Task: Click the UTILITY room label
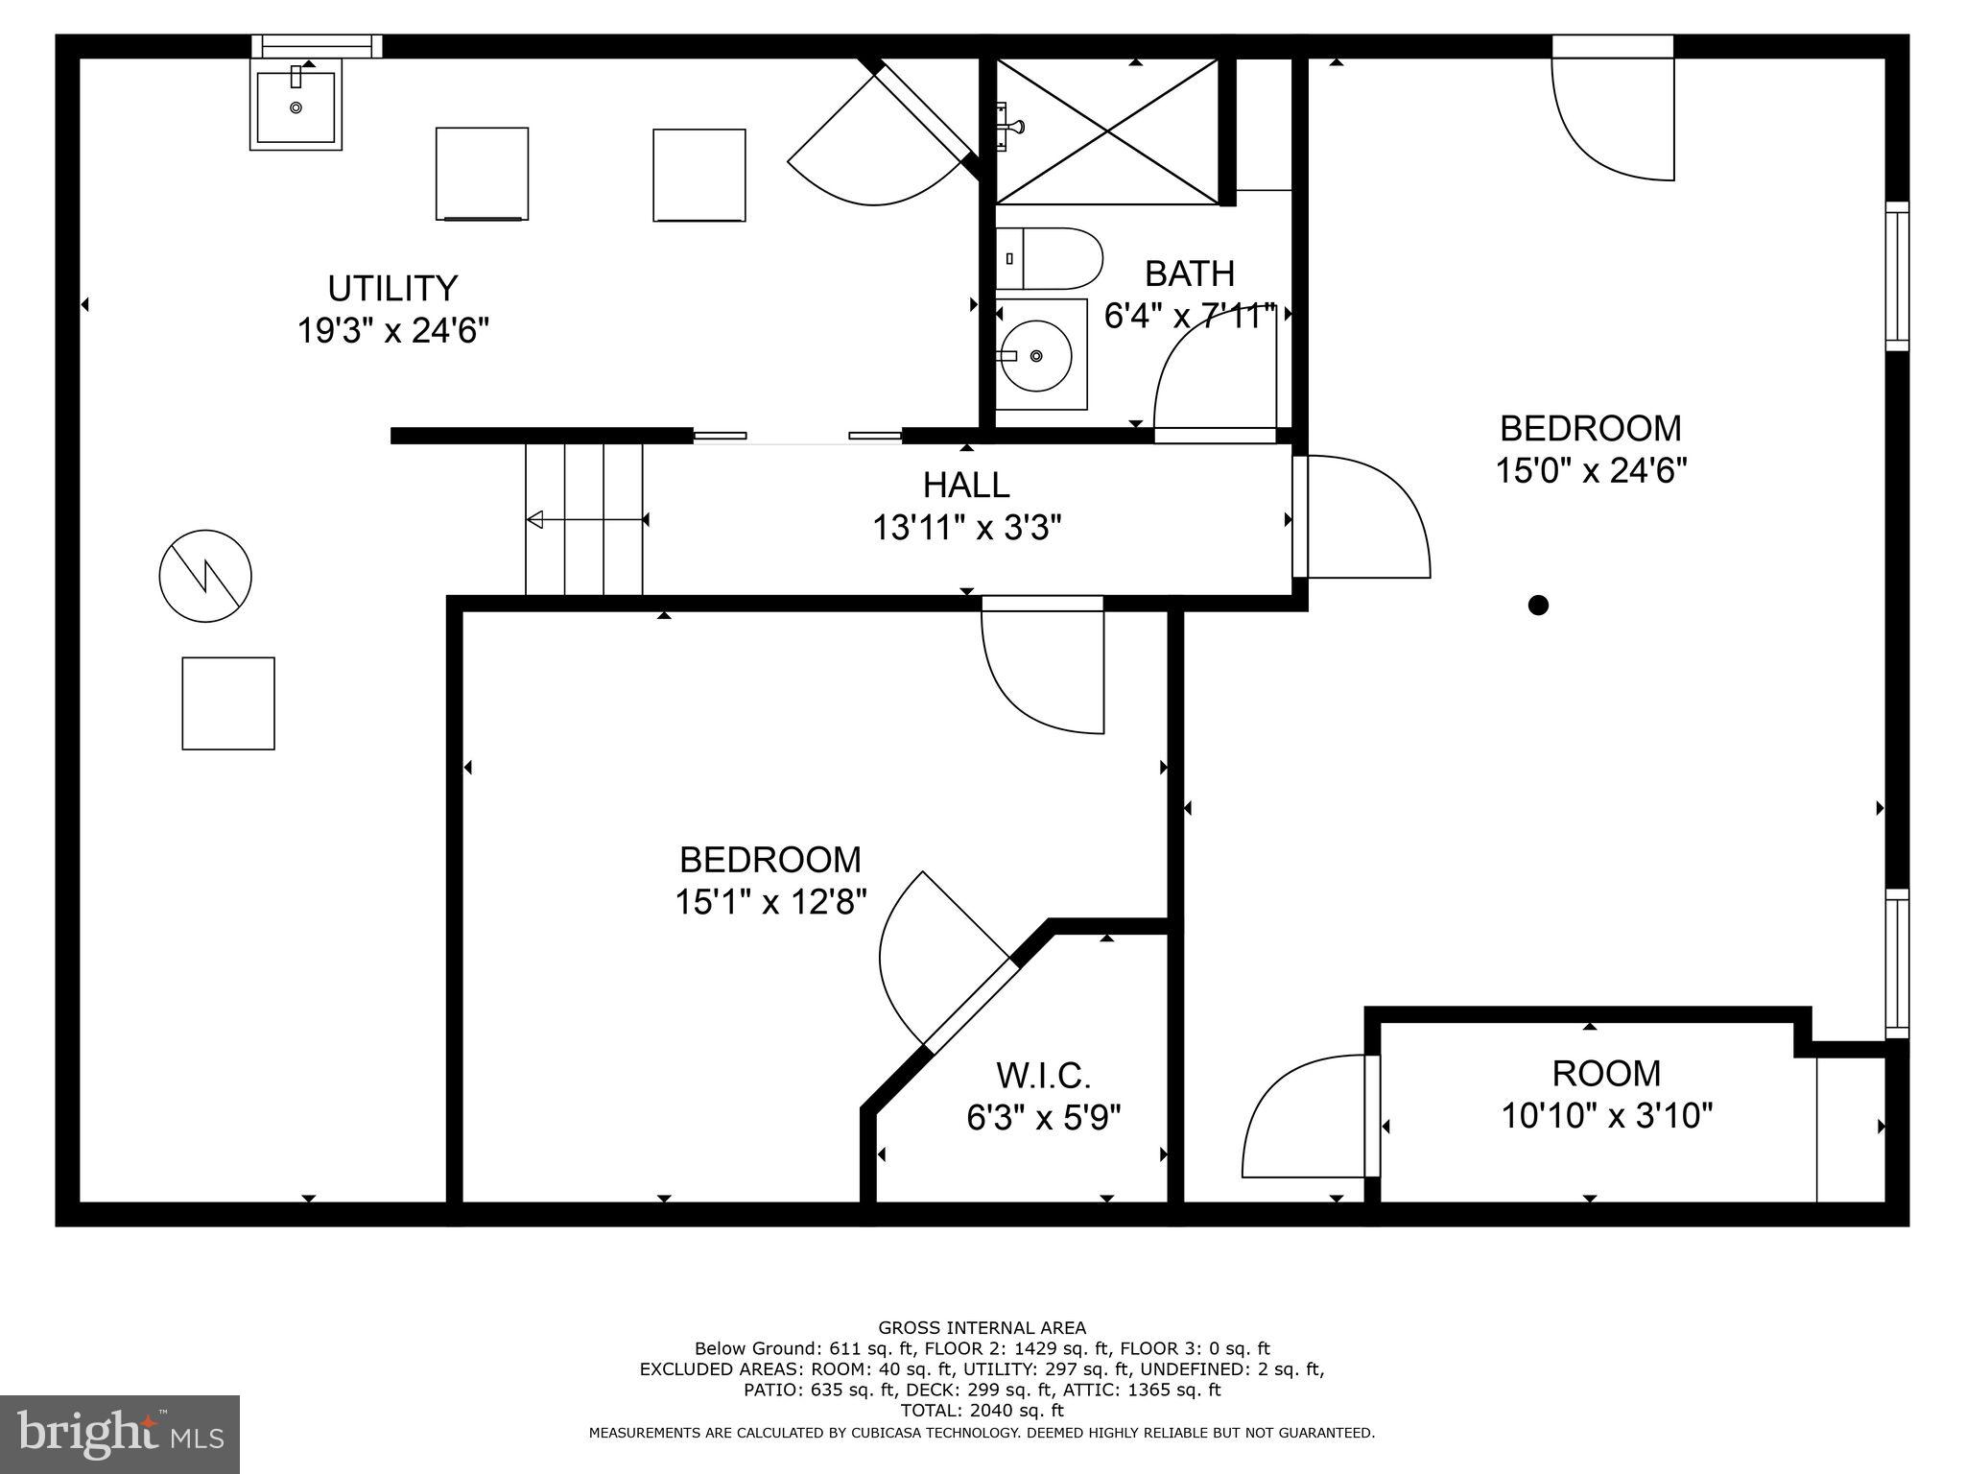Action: coord(392,288)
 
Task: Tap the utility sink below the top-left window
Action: coord(296,105)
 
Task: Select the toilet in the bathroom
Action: coord(1048,258)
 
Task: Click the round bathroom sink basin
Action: coord(1036,355)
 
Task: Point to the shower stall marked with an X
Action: coord(1107,131)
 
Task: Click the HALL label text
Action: coord(966,486)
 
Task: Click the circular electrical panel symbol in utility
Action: coord(205,576)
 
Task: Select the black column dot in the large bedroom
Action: coord(1538,605)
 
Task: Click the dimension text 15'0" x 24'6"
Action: coord(1591,471)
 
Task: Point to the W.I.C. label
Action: coord(1044,1076)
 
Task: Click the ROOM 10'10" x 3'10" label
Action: coord(1606,1094)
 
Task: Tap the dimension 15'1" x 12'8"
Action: coord(770,903)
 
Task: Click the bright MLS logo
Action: coord(120,1434)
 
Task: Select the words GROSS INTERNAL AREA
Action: coord(982,1328)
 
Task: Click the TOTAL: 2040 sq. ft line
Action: coord(982,1411)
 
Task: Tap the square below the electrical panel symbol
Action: coord(228,703)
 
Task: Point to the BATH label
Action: coord(1190,274)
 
